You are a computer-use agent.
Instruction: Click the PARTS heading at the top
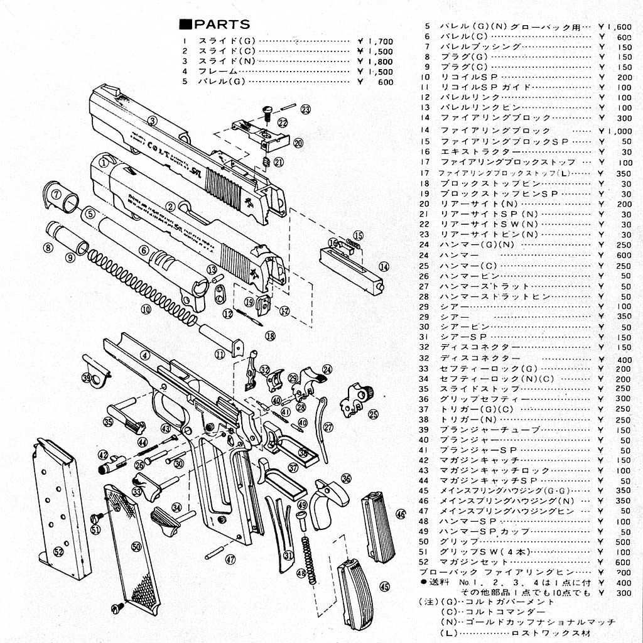point(215,24)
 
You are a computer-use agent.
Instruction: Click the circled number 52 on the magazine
point(58,551)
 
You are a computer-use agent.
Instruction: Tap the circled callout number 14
point(384,266)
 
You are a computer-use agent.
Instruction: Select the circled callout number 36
point(346,478)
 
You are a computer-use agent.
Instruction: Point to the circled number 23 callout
point(305,109)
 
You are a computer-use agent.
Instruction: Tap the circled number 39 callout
point(86,377)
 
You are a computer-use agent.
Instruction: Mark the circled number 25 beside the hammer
point(373,414)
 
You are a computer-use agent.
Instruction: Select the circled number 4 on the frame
point(144,355)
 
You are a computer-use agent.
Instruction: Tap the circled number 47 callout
point(230,559)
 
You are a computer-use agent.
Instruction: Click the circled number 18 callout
point(270,335)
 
